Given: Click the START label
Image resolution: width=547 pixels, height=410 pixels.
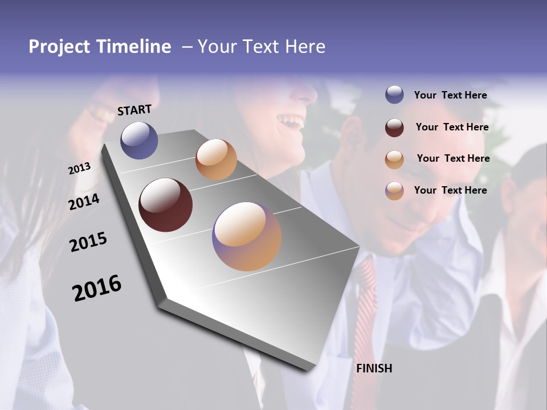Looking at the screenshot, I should [134, 110].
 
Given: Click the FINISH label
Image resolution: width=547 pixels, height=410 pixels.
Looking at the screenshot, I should [374, 368].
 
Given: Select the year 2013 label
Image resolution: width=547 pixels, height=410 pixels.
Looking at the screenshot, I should [79, 169].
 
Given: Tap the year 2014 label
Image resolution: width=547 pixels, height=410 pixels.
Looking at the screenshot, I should [84, 202].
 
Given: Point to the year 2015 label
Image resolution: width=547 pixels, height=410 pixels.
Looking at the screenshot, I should [88, 242].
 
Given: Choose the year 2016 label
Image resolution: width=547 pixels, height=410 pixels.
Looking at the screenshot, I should [97, 288].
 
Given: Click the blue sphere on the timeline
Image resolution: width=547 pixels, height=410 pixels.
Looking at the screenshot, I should [139, 140].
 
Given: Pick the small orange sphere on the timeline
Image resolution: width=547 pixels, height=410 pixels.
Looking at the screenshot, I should [216, 159].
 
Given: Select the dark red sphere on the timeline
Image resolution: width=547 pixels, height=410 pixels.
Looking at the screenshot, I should [165, 205].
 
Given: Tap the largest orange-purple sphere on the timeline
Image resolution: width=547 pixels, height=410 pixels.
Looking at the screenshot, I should [247, 236].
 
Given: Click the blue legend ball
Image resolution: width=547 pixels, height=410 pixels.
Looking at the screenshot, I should [394, 95].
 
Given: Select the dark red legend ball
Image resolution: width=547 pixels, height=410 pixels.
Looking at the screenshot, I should [394, 128].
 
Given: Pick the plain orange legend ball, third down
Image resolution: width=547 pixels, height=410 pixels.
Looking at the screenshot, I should [394, 159].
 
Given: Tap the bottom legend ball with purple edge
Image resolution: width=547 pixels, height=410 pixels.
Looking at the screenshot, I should [394, 191].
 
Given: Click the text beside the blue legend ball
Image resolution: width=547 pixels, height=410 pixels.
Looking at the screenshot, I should [450, 96].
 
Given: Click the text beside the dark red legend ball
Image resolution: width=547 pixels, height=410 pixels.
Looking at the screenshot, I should [452, 128].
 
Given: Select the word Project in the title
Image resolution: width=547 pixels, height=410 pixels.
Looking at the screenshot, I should [59, 47].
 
